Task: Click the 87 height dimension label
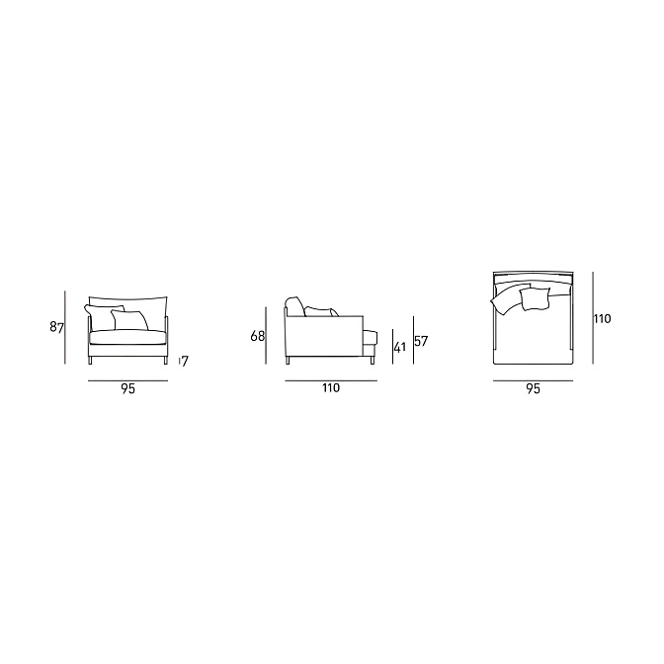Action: click(56, 327)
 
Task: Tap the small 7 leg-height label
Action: click(185, 362)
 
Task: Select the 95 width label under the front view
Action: click(127, 388)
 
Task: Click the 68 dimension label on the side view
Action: click(258, 336)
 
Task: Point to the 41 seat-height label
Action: click(400, 347)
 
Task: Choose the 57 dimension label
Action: click(421, 341)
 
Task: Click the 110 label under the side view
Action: click(331, 388)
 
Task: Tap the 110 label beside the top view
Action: click(602, 318)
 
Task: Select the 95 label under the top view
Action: click(534, 388)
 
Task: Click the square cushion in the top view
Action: click(535, 298)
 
